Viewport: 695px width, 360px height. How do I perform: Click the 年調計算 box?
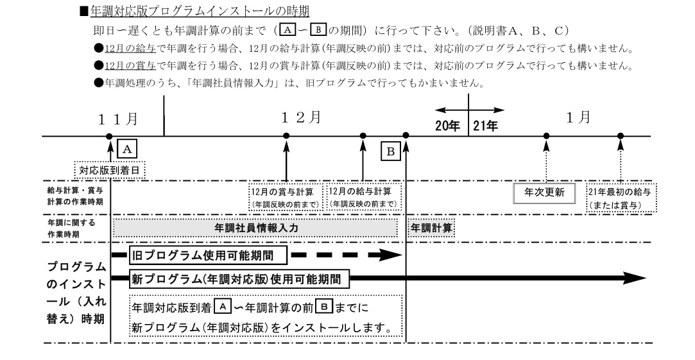(431, 228)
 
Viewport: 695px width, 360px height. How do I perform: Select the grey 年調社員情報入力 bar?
(256, 228)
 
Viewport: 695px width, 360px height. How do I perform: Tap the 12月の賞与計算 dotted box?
(286, 198)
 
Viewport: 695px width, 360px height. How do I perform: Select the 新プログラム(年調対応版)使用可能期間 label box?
(241, 279)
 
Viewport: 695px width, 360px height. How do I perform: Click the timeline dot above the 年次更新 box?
(546, 136)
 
